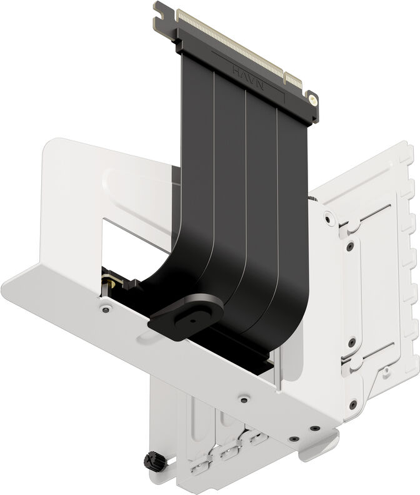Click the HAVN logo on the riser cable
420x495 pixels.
(x=246, y=72)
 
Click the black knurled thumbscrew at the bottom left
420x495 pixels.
(x=152, y=461)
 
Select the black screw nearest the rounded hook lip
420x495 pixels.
(x=315, y=429)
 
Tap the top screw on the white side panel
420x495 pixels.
(x=328, y=217)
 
